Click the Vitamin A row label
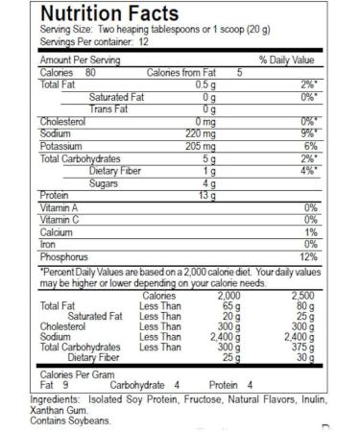tap(59, 207)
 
